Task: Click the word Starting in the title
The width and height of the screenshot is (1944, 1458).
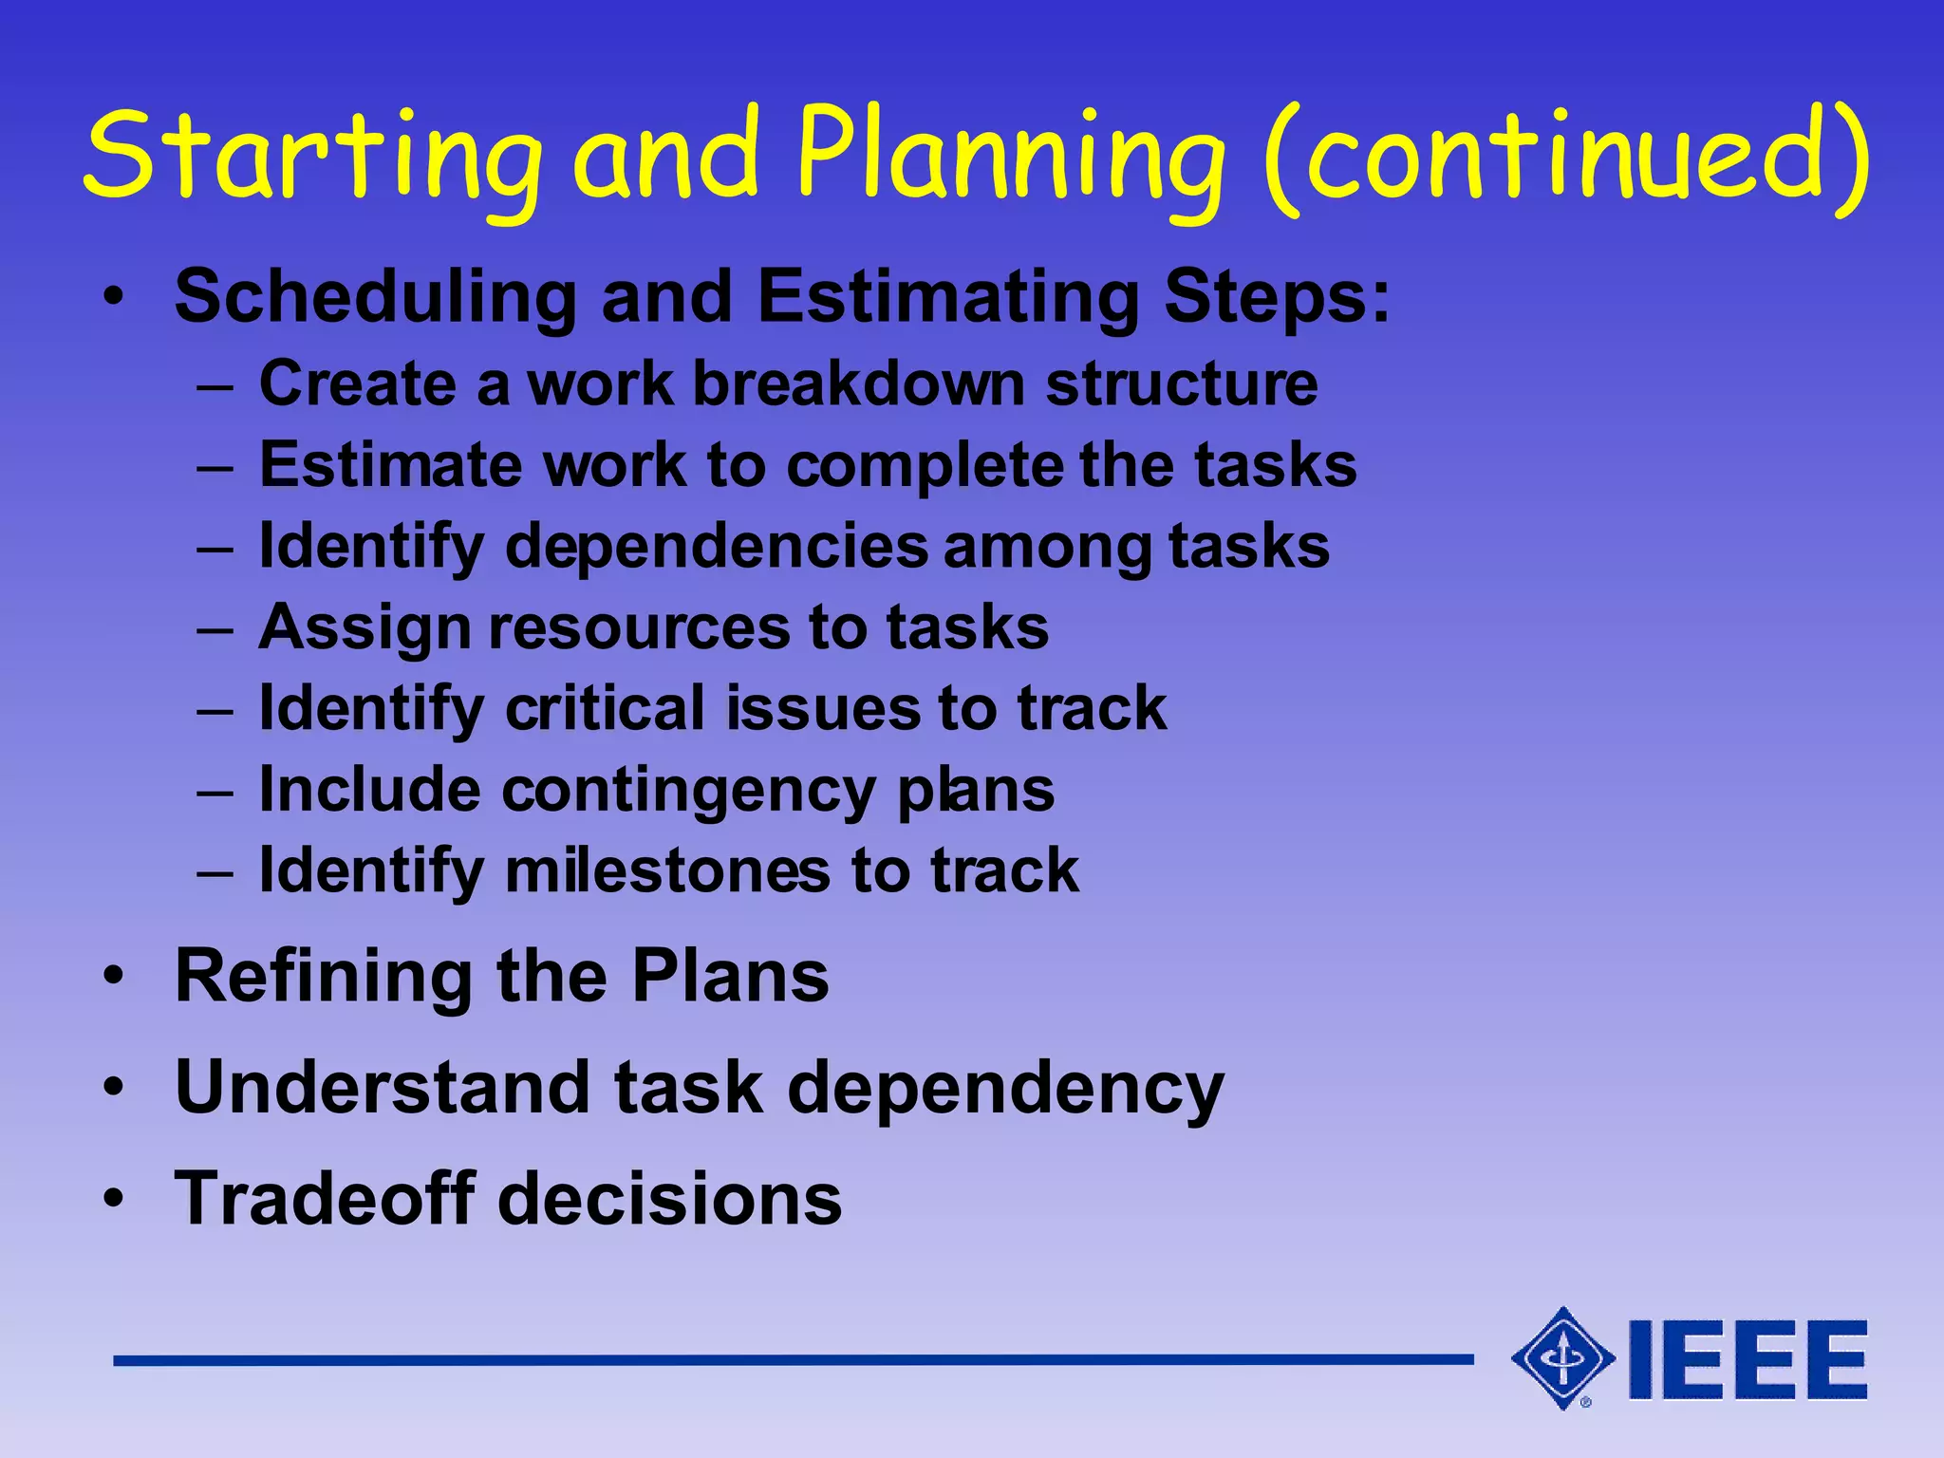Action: (x=313, y=157)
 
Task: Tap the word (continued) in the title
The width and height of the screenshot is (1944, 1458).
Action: (x=1566, y=157)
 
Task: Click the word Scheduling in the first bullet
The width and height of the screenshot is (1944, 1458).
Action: (x=375, y=297)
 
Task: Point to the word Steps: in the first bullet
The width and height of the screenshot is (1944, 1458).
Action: (x=1277, y=297)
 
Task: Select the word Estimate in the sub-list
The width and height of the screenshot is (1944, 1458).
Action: (x=390, y=465)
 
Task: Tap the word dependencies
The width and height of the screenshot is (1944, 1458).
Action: (x=717, y=547)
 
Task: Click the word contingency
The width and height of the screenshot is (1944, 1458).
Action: (x=689, y=790)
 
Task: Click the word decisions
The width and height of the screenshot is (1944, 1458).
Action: (x=669, y=1198)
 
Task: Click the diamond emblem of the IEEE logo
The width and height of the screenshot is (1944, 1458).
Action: (x=1561, y=1358)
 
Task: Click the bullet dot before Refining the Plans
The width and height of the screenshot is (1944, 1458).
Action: (x=114, y=978)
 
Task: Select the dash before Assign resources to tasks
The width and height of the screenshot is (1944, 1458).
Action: (x=215, y=629)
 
